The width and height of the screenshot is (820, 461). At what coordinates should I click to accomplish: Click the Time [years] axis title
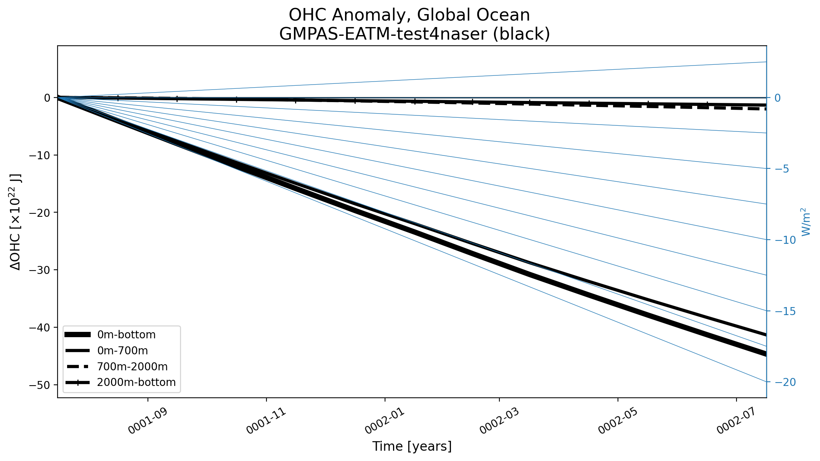coord(412,446)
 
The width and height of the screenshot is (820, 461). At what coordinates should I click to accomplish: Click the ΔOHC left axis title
coord(16,222)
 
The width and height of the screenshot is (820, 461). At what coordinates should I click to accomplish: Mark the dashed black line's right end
coord(766,109)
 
